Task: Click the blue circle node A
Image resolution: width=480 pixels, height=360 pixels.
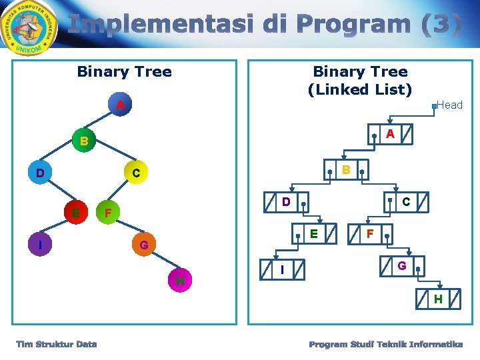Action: coord(119,105)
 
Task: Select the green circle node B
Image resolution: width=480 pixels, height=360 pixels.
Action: coord(83,141)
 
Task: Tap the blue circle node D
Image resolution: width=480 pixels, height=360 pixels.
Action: coord(41,173)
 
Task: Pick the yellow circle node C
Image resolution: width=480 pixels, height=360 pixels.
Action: coord(136,173)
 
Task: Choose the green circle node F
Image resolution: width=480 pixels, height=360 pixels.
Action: coord(108,213)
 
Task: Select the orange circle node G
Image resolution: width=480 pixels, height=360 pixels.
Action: coord(143,246)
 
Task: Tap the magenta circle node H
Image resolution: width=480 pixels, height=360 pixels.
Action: coord(179,281)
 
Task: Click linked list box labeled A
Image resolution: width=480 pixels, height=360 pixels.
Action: coord(391,135)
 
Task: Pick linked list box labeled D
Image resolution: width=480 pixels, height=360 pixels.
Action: coord(285,201)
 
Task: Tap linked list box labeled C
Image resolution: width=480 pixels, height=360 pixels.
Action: coord(405,201)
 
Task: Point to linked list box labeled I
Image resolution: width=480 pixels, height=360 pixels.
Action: coord(283,269)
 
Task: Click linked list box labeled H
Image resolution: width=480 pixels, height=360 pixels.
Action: coord(437,299)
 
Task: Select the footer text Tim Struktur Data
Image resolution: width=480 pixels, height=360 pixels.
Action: coord(57,344)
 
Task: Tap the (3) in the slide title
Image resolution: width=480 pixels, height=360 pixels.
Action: coord(441,25)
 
